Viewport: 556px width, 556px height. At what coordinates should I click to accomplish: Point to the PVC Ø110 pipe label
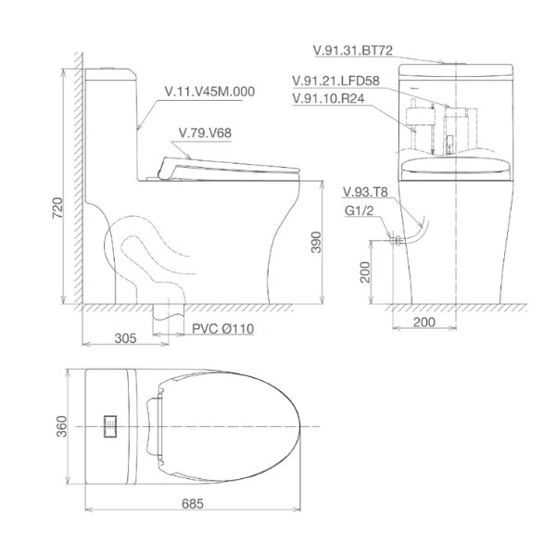222,329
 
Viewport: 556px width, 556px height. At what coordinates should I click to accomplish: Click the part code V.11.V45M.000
209,92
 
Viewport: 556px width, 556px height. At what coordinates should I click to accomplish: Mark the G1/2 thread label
357,210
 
